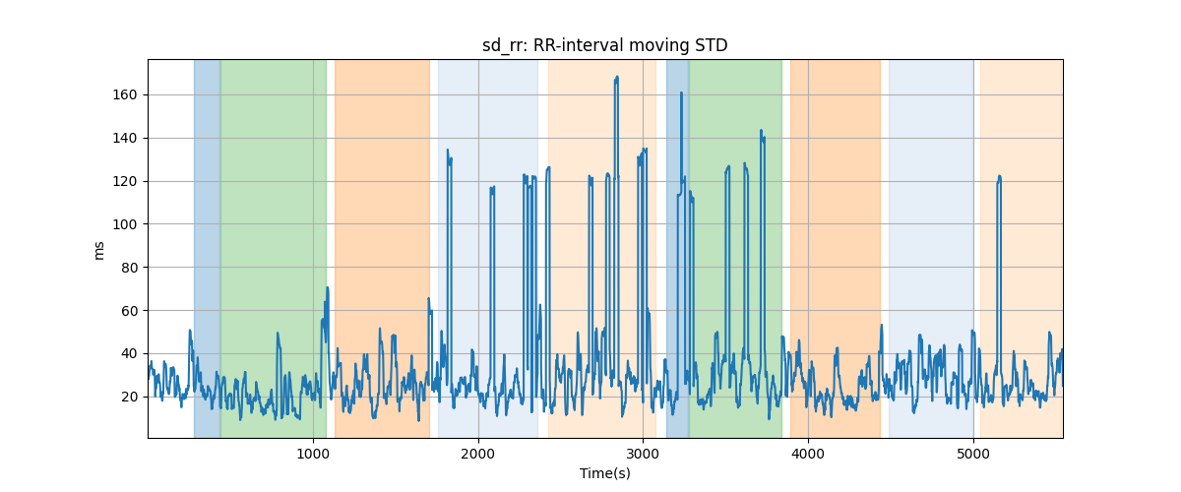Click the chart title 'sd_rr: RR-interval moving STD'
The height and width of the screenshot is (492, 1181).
click(x=604, y=44)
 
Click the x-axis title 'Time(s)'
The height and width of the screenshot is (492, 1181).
click(x=604, y=473)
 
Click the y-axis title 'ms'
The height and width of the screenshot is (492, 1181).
click(x=98, y=249)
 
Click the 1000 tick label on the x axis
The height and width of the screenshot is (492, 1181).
click(x=313, y=454)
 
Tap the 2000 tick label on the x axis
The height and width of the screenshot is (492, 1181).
click(x=478, y=454)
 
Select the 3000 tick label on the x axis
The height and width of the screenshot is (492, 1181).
click(x=643, y=454)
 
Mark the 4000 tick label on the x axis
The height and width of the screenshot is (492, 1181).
click(x=808, y=454)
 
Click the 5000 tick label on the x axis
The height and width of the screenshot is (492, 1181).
click(x=973, y=454)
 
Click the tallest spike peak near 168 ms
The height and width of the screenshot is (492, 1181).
click(x=616, y=77)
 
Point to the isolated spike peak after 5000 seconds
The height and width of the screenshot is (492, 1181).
click(x=999, y=177)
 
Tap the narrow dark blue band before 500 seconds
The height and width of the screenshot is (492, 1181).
click(x=207, y=246)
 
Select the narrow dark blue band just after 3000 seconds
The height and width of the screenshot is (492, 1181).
click(x=677, y=246)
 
